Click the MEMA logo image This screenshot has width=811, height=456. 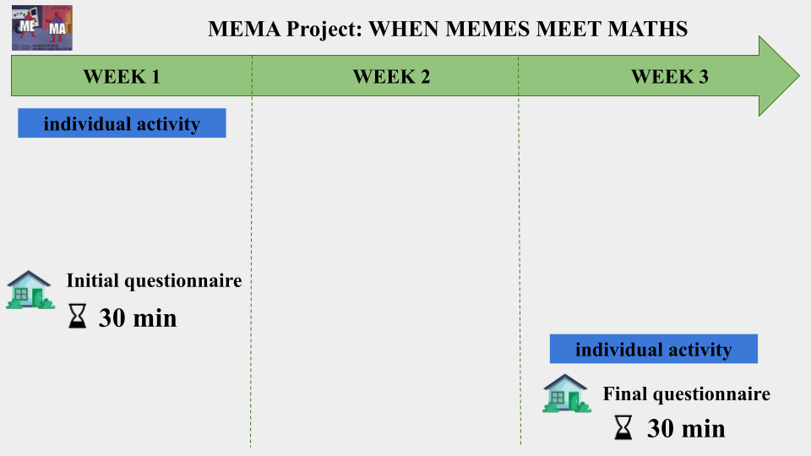click(42, 28)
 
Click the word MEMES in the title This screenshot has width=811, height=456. click(487, 29)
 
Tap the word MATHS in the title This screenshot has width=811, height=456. click(648, 29)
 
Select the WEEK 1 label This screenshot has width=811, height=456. click(122, 77)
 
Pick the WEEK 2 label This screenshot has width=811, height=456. click(391, 77)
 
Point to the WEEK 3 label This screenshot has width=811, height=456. click(670, 77)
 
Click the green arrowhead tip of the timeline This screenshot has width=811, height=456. click(800, 75)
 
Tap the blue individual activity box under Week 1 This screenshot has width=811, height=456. click(122, 123)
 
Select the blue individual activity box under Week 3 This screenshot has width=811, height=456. click(654, 349)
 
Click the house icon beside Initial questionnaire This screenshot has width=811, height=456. click(30, 290)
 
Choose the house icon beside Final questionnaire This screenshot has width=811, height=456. click(567, 394)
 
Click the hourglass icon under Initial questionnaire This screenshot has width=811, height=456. click(78, 316)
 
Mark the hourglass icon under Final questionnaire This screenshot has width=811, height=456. click(623, 427)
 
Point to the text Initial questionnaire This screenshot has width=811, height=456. click(154, 280)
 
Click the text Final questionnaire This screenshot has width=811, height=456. click(686, 394)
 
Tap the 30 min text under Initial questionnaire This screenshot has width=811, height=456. click(138, 318)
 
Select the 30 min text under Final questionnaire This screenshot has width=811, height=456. click(686, 429)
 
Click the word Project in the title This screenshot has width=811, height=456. click(324, 29)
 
